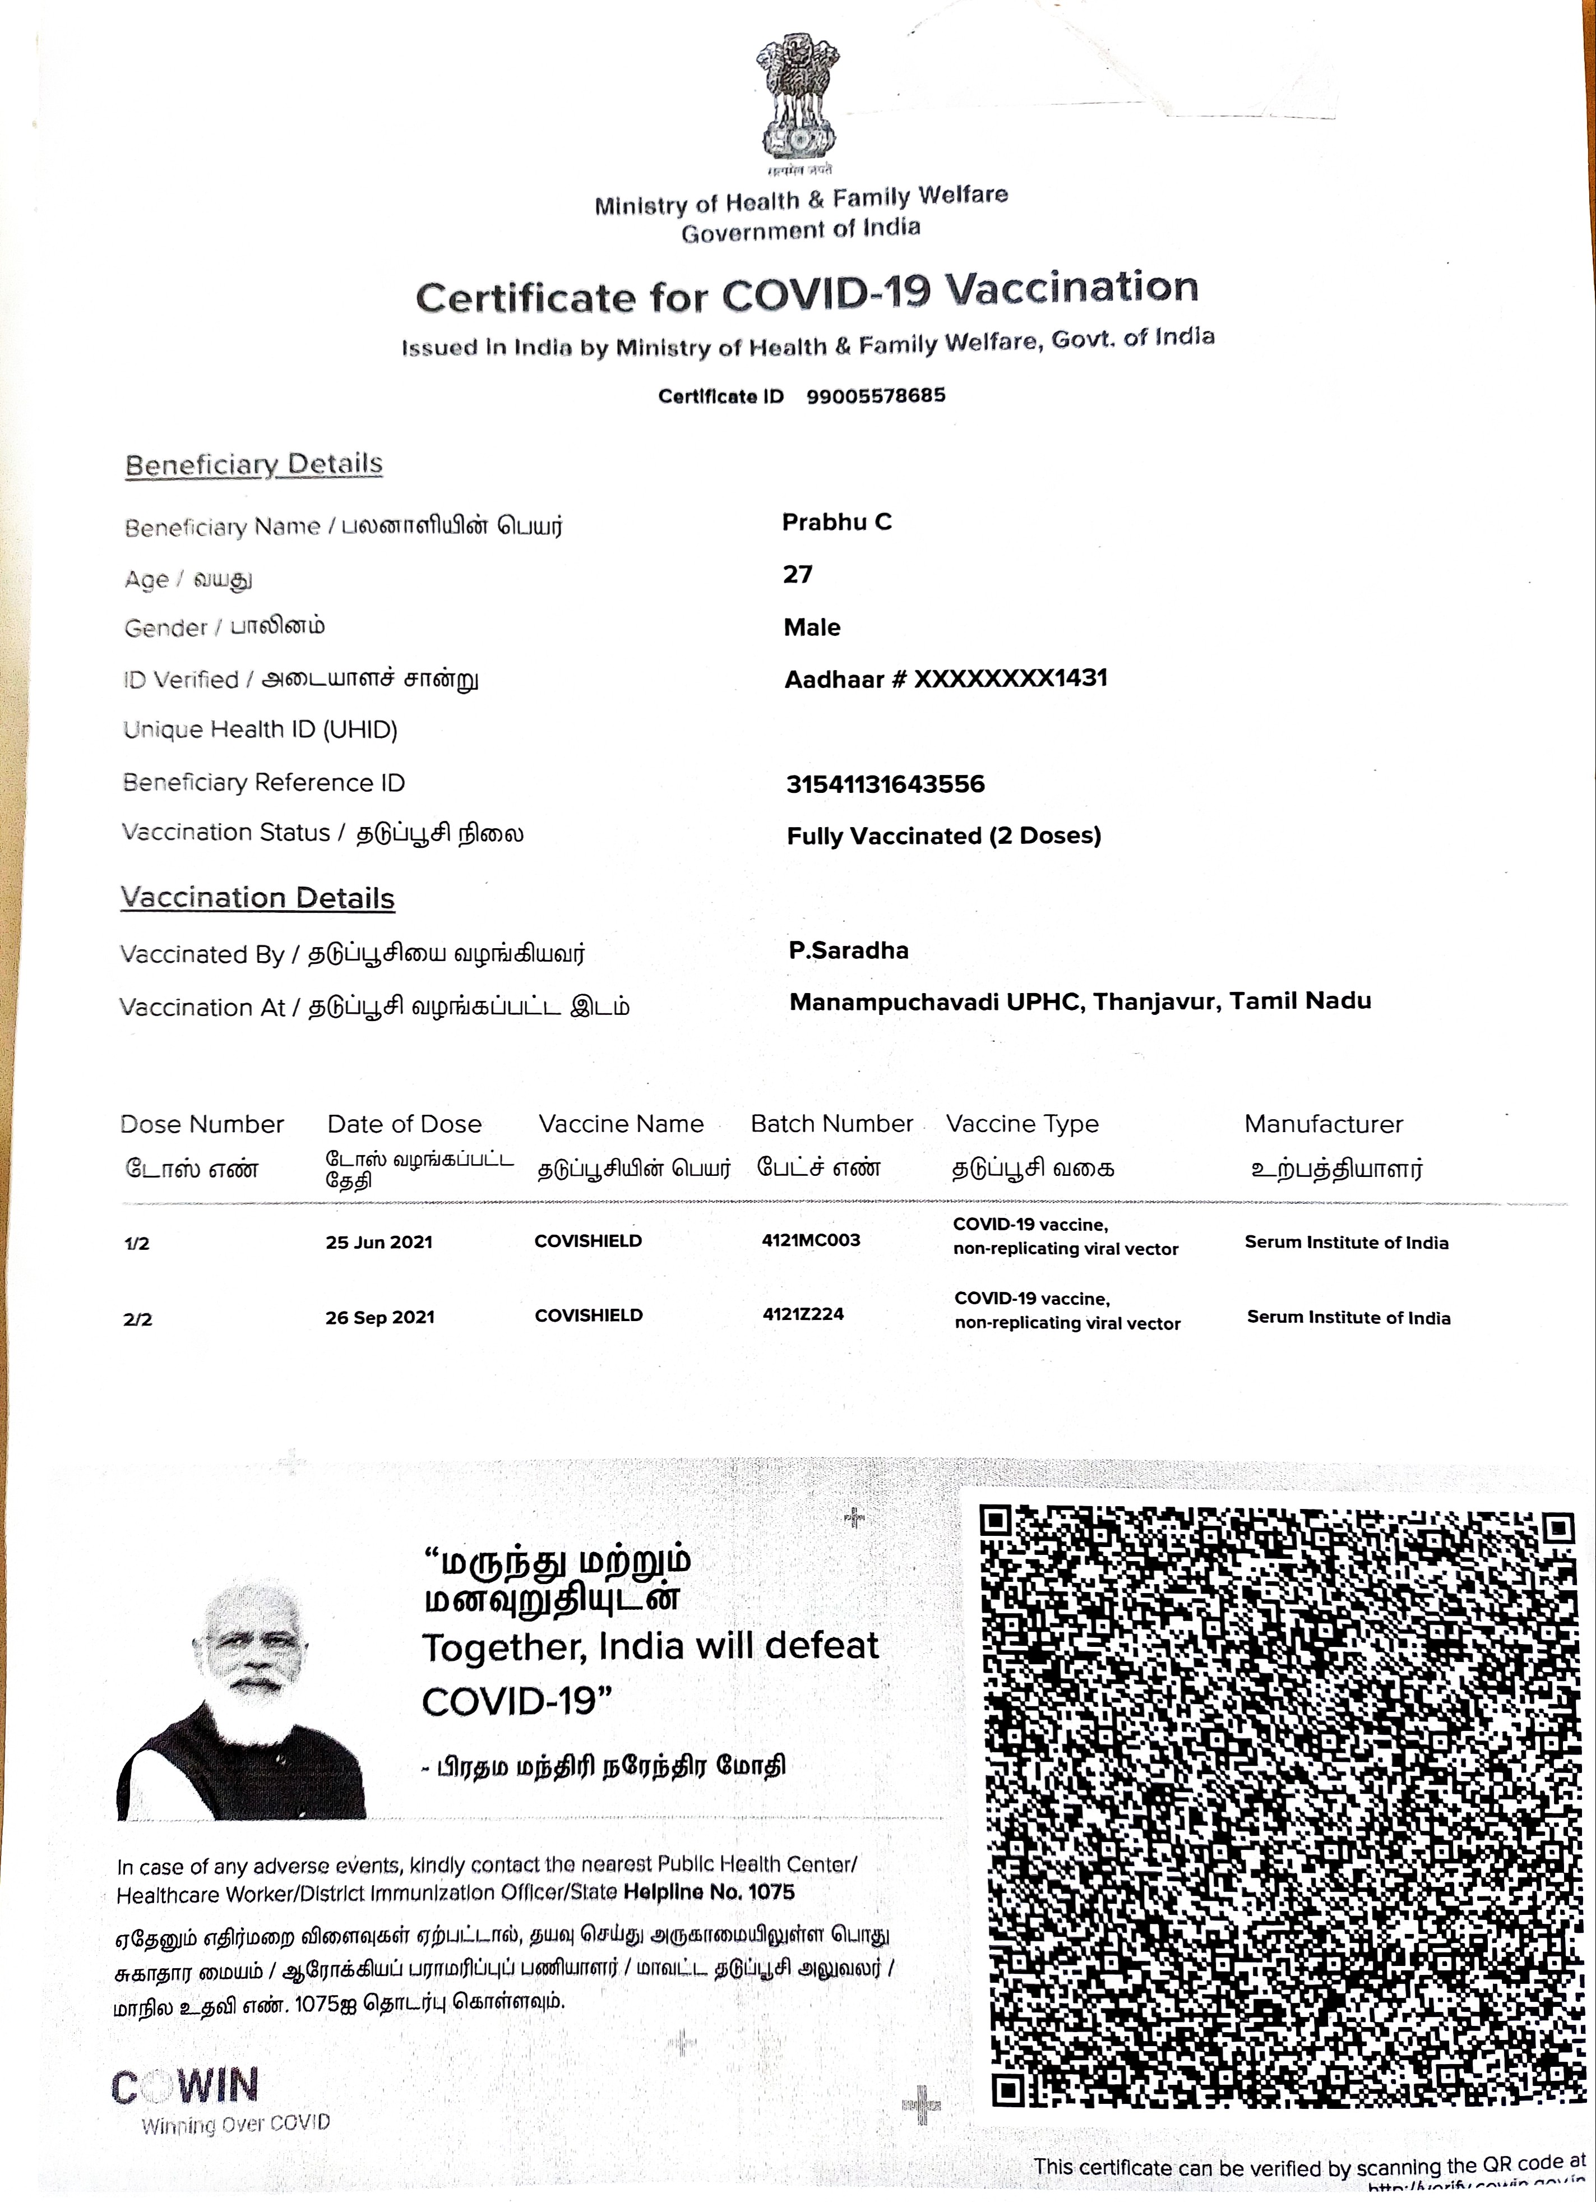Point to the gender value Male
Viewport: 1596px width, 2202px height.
click(x=812, y=627)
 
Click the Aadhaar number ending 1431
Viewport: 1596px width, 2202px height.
click(x=946, y=678)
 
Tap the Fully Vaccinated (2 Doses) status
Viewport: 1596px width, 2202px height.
click(x=943, y=836)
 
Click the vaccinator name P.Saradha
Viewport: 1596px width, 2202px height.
click(x=849, y=950)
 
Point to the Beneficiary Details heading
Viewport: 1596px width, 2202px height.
click(x=253, y=465)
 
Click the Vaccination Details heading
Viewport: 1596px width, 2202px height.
click(x=257, y=898)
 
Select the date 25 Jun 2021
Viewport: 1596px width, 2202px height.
click(x=378, y=1243)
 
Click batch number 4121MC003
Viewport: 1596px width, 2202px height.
click(x=811, y=1240)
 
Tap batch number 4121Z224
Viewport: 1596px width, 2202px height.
click(x=803, y=1314)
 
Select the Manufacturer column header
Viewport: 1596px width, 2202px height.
click(x=1323, y=1124)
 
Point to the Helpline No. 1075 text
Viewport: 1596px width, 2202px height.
click(x=709, y=1892)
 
